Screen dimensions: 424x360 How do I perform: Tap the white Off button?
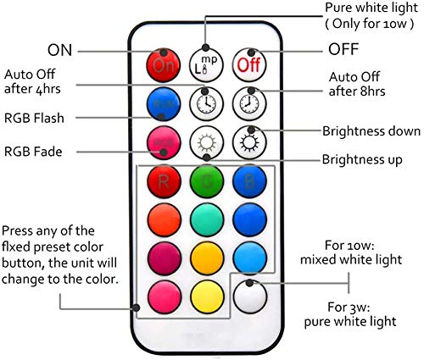coord(249,65)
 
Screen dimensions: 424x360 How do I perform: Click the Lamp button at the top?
coord(206,65)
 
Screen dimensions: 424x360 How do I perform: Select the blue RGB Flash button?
coord(164,104)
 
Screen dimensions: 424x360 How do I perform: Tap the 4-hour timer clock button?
coord(206,104)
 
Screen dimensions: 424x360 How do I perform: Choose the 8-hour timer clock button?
coord(249,104)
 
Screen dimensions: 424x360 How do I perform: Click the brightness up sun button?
coord(206,142)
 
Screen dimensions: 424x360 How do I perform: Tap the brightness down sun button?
coord(249,142)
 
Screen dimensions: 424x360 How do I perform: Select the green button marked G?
coord(207,181)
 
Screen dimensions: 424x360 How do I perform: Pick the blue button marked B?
coord(249,181)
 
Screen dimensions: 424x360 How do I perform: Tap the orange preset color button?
coord(164,219)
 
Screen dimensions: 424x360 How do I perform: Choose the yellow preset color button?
coord(207,296)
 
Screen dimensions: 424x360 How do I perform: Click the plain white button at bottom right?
coord(250,296)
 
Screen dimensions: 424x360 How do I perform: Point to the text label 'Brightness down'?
coord(371,131)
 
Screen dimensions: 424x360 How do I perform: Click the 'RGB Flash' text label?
coord(34,118)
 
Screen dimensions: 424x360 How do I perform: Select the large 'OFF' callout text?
coord(343,49)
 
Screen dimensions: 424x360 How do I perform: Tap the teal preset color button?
coord(207,219)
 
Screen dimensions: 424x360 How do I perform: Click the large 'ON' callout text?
coord(60,50)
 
